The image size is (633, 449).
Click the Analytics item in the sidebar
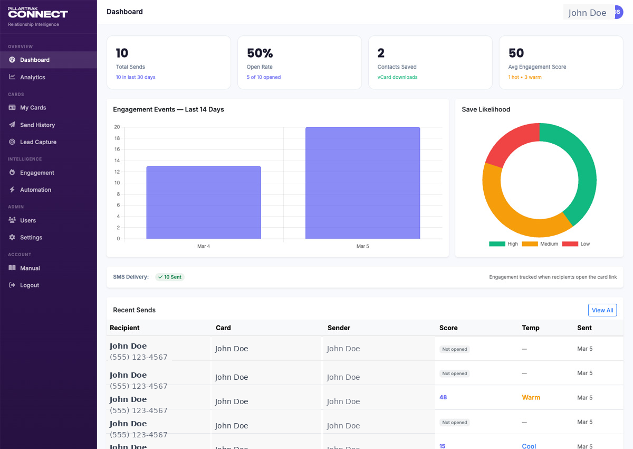[32, 77]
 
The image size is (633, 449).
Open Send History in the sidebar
[37, 125]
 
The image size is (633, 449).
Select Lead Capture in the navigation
[38, 142]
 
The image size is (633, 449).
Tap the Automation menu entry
[35, 190]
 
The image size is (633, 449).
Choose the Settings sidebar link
[31, 238]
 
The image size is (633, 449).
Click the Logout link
[29, 285]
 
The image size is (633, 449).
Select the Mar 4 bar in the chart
[204, 203]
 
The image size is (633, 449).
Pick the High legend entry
[504, 244]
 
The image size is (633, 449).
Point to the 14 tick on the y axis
[117, 161]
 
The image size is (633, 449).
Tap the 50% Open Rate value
[260, 53]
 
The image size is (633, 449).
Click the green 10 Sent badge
[170, 277]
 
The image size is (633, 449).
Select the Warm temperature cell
[531, 397]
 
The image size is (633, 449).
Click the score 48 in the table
[443, 397]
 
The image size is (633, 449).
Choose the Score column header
[448, 328]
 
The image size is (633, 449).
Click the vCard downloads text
[397, 77]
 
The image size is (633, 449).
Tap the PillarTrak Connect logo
[37, 13]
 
